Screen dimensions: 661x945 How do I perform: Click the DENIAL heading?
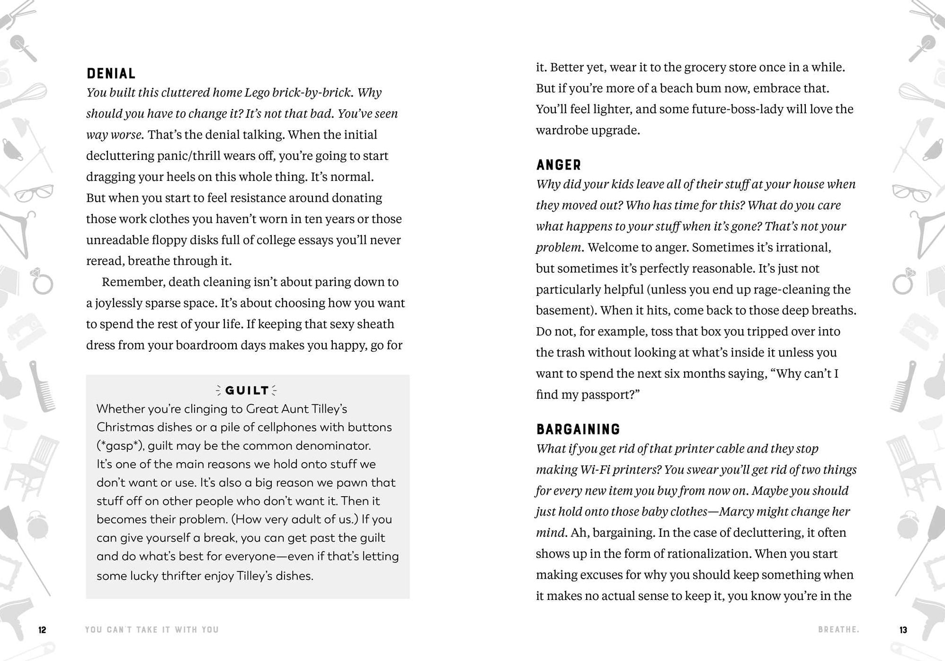click(111, 73)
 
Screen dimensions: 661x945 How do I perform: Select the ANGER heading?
click(559, 165)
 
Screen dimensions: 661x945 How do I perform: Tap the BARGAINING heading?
click(578, 429)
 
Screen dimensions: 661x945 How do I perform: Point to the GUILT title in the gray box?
click(247, 390)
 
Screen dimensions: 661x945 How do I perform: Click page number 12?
click(42, 630)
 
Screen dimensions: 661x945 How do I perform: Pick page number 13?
click(903, 630)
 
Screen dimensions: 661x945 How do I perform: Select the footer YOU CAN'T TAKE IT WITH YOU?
click(152, 630)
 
